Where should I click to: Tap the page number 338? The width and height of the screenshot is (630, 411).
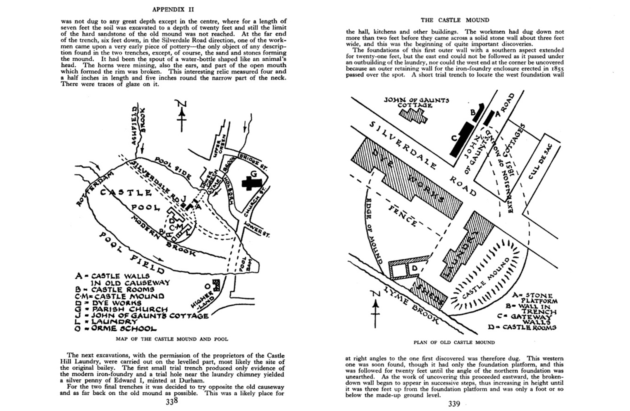tap(172, 401)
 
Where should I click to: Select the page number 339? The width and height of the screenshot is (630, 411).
tap(454, 404)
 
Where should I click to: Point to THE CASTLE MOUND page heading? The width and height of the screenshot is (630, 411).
tap(455, 20)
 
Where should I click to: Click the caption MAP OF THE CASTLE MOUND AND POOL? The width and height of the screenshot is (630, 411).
tap(172, 339)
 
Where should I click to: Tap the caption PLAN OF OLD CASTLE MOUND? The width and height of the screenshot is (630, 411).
tap(454, 342)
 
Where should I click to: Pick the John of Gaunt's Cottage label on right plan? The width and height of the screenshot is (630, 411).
tap(416, 102)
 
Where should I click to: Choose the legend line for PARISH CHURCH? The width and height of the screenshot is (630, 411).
tap(122, 309)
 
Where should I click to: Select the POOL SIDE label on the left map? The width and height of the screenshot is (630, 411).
tap(173, 167)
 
